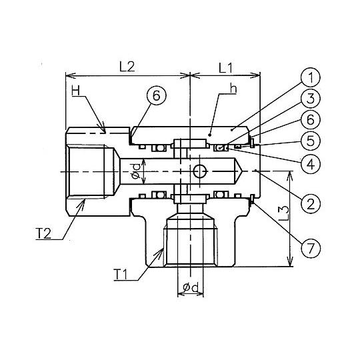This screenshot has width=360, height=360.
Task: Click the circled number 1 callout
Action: coord(311,77)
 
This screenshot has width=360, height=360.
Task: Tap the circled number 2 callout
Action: coord(311,204)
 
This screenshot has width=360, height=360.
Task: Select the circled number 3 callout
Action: coord(311,98)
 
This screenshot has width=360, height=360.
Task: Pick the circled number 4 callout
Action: coord(311,164)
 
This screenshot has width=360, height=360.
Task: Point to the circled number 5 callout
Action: coord(311,141)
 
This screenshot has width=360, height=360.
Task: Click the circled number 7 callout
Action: coord(311,248)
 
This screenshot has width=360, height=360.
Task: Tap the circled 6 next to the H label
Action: coord(157,95)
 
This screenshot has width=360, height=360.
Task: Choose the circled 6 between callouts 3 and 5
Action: coord(311,119)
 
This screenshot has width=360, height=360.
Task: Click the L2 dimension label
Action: coord(127,67)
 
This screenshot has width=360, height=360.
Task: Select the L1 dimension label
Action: coord(225,68)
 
